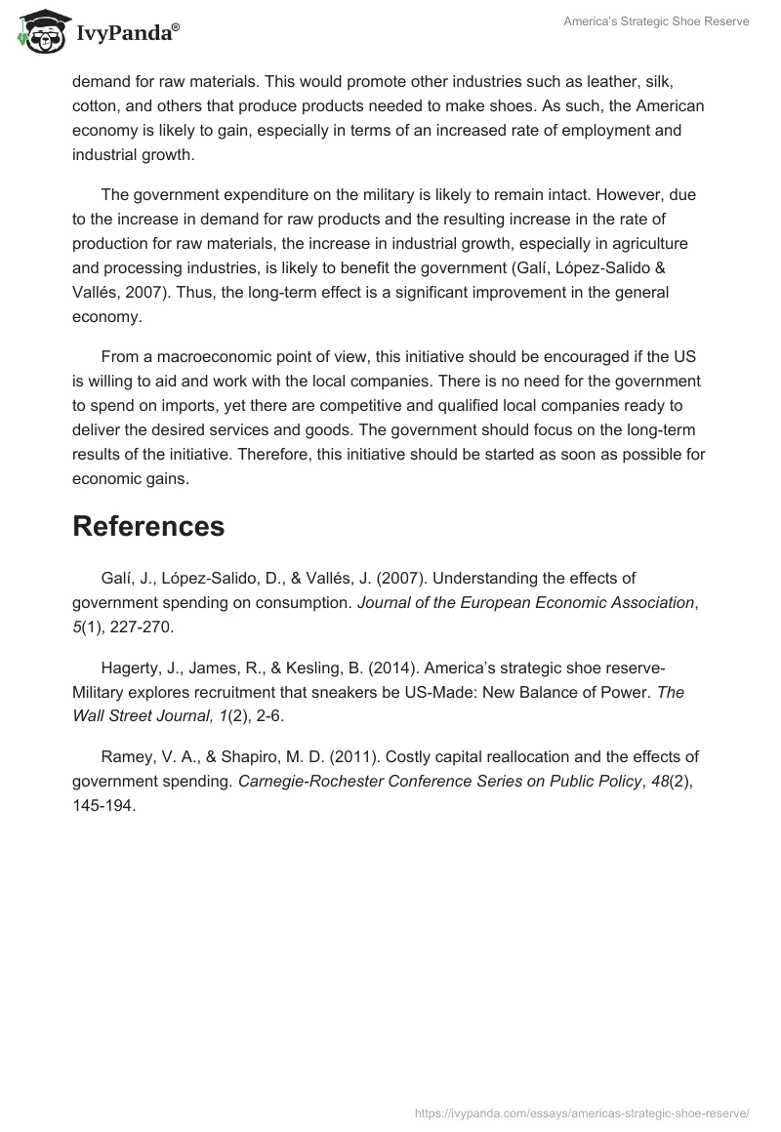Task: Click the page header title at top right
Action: click(x=656, y=21)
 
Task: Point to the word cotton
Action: click(x=95, y=106)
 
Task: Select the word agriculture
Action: click(x=653, y=244)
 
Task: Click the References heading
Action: click(x=148, y=526)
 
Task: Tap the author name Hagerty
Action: click(x=133, y=667)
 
